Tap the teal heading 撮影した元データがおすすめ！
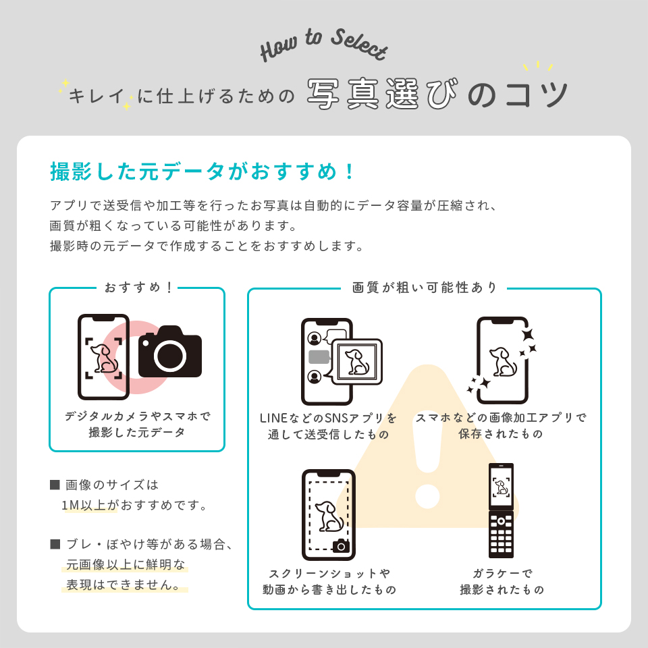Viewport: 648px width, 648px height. click(x=202, y=171)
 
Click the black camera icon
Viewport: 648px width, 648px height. click(x=170, y=352)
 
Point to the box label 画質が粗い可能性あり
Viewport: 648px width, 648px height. click(x=425, y=288)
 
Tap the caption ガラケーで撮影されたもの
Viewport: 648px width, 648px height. click(x=502, y=582)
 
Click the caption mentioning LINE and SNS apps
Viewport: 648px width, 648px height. click(x=329, y=426)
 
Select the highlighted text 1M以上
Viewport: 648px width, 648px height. click(x=89, y=505)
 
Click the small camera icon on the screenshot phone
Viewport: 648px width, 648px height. click(x=342, y=545)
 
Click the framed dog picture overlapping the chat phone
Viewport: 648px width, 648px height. click(x=356, y=362)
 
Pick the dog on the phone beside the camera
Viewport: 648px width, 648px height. click(x=104, y=358)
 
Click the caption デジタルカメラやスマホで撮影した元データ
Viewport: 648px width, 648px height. click(x=137, y=425)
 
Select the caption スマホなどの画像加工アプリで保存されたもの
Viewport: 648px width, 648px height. click(x=501, y=426)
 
